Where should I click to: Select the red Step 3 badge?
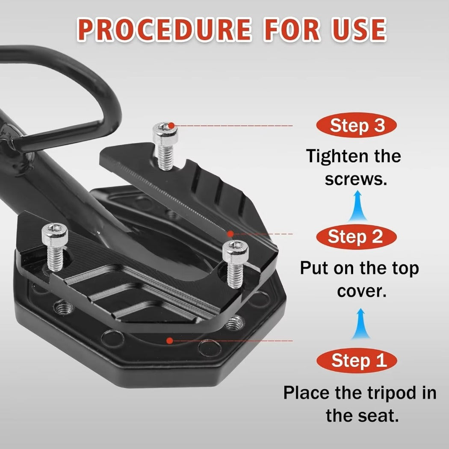(x=356, y=125)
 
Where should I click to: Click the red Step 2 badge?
(x=356, y=237)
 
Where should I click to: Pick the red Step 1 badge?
(x=357, y=360)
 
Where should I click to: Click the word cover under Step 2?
(x=361, y=292)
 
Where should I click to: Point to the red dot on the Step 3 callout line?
(x=171, y=125)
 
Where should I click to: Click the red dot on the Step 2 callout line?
(x=230, y=234)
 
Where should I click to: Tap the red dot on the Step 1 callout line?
(x=170, y=340)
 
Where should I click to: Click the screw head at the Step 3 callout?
(x=165, y=132)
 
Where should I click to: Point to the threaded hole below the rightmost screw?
(x=234, y=323)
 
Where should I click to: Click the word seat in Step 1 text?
(x=382, y=417)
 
